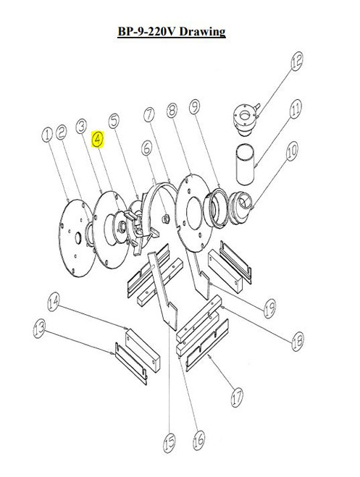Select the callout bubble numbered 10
(x=293, y=152)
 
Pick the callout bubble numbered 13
(x=35, y=329)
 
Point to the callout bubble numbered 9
(x=194, y=109)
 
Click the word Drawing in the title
(x=203, y=32)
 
